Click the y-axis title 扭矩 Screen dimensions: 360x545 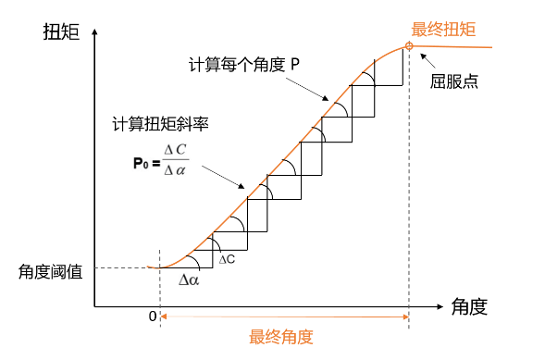[x=61, y=31]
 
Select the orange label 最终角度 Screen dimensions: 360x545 [x=281, y=336]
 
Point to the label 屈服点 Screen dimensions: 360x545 [x=454, y=80]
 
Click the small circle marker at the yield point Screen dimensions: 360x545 [x=408, y=47]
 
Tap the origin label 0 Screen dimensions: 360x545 [x=153, y=316]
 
